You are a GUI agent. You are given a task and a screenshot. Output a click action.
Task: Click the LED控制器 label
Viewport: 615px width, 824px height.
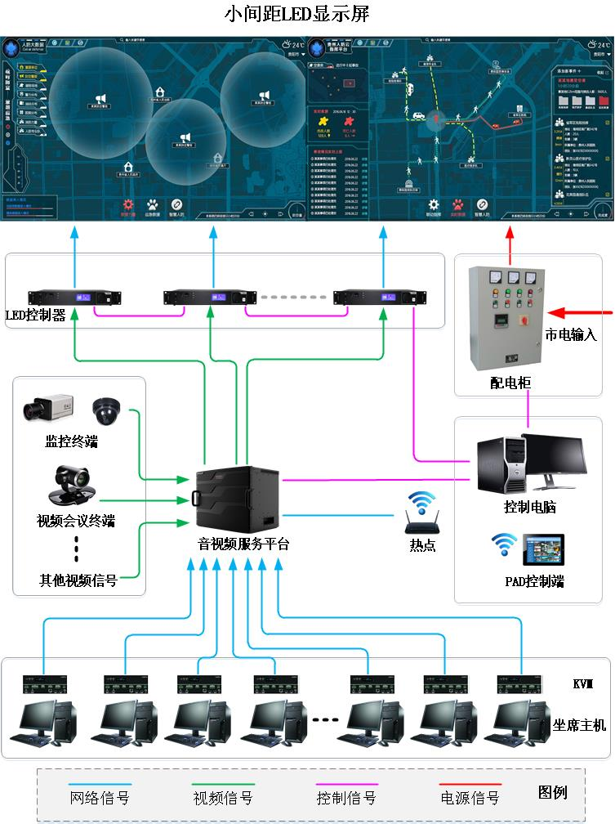tap(35, 315)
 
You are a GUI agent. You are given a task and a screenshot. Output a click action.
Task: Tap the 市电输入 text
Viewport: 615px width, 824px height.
tap(571, 334)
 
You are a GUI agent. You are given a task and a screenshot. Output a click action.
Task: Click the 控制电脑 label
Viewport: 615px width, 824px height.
tap(530, 507)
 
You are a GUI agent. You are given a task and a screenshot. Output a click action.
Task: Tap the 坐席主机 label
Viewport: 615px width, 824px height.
tap(580, 724)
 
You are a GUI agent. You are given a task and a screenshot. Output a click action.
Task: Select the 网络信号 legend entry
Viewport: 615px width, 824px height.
tap(100, 797)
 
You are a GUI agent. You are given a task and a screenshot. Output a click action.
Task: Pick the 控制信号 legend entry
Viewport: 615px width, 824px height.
tap(346, 797)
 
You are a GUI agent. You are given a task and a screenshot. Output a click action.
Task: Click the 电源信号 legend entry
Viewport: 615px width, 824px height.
tap(470, 797)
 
